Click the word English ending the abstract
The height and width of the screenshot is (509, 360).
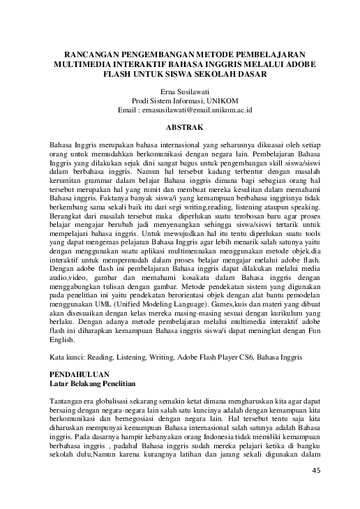pyautogui.click(x=63, y=340)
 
